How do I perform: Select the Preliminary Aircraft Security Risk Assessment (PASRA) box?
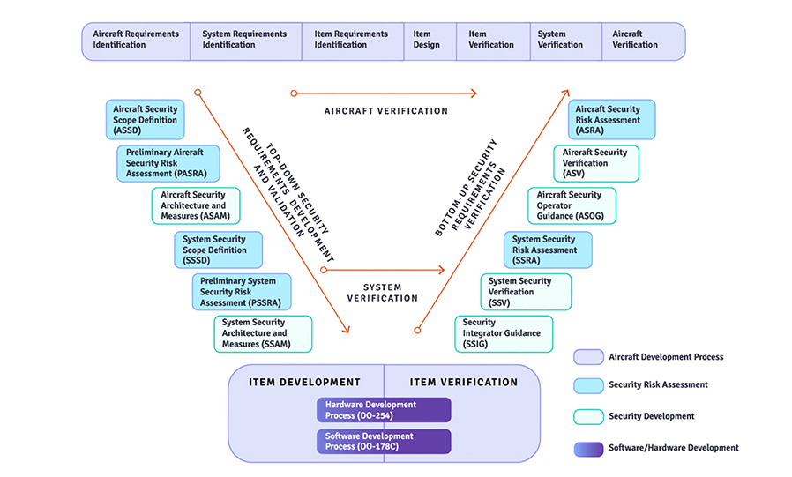tap(168, 163)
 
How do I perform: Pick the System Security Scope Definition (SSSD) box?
tap(218, 250)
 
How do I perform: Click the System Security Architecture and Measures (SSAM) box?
tap(263, 333)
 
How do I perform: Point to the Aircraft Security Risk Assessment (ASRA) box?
tap(611, 120)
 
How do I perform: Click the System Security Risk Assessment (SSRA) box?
tap(548, 250)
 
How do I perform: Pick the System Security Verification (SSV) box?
tap(526, 292)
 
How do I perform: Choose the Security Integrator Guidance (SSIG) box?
tap(504, 333)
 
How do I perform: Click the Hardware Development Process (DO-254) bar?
tap(384, 410)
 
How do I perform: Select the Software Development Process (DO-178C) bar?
tap(384, 442)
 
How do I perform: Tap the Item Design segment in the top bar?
tap(427, 41)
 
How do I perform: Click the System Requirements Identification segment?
tap(245, 41)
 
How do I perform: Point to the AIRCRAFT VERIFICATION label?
tap(386, 112)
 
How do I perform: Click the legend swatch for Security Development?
tap(587, 416)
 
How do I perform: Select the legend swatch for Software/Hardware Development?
tap(587, 448)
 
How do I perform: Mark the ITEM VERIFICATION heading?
tap(464, 383)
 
